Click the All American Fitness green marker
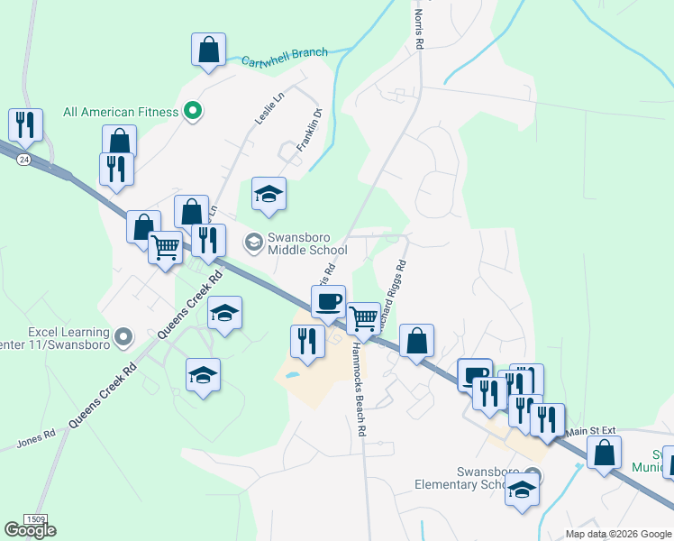coord(192,112)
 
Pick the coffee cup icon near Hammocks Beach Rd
coord(329,300)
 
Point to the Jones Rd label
coord(36,439)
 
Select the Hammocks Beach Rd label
coord(360,390)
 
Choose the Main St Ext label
coord(589,432)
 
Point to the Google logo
coord(30,530)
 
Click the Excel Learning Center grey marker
coord(125,337)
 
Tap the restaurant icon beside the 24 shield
coord(25,125)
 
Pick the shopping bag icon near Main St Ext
coord(604,451)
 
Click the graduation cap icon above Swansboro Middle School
coord(269,195)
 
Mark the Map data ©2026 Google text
coord(617,534)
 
